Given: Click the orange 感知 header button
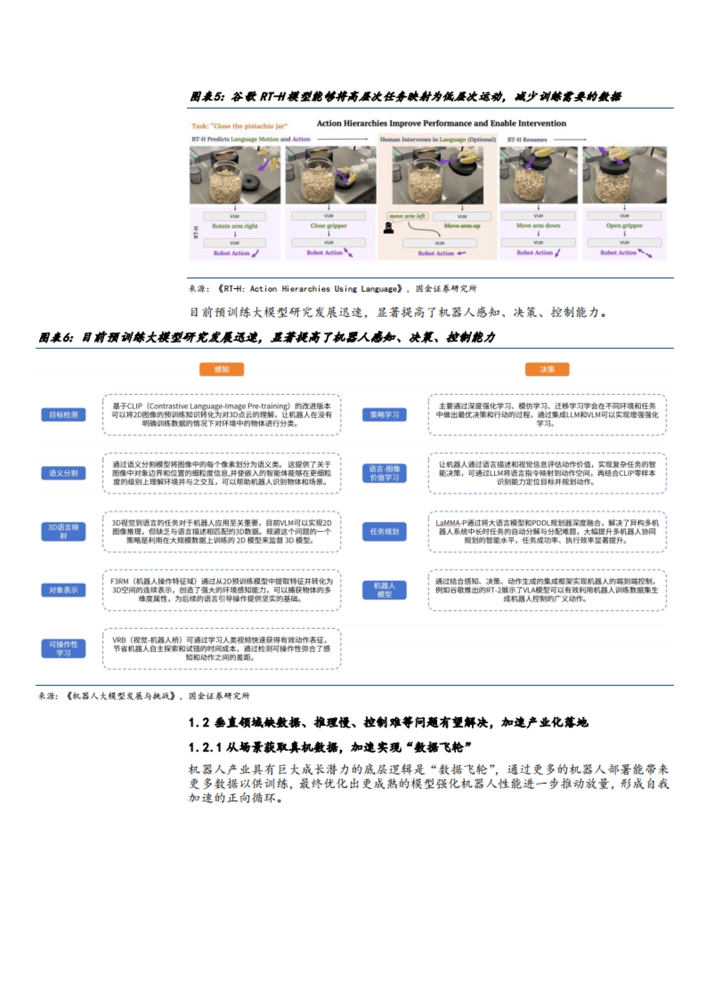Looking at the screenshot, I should (x=221, y=369).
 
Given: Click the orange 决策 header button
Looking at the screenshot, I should (x=547, y=369).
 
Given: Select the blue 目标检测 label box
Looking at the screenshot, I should (x=64, y=415).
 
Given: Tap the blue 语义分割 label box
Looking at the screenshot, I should (x=64, y=473).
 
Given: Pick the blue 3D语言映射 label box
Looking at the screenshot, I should (x=64, y=531).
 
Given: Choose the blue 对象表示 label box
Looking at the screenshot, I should (x=64, y=590).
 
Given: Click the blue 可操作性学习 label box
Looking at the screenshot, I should (x=64, y=648).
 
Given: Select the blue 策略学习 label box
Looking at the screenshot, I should (x=384, y=415).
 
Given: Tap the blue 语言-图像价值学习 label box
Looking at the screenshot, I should (x=384, y=473).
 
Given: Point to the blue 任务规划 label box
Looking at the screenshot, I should (x=384, y=531).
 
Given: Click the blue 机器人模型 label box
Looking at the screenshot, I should (x=384, y=590).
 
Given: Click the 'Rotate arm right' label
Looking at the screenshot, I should (x=235, y=226).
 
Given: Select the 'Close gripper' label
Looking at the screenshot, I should (x=328, y=226).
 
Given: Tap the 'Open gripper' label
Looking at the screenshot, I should (x=624, y=226).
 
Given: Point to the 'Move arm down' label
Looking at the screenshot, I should (x=538, y=226).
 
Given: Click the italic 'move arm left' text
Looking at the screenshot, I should (x=407, y=216).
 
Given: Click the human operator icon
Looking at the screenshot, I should (x=388, y=227).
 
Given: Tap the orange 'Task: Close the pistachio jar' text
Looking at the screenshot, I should (x=239, y=126).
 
